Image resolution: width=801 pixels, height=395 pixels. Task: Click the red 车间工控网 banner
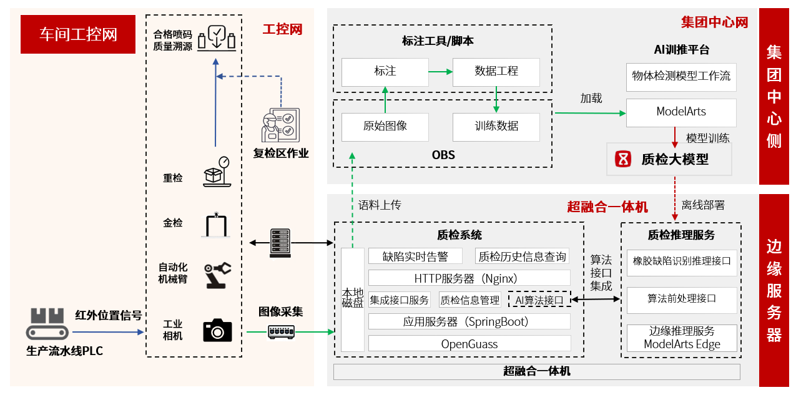(78, 34)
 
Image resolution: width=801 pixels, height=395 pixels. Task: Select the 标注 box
(385, 72)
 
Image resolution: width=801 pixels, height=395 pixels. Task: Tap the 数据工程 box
(496, 72)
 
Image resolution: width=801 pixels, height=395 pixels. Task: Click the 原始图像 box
(385, 127)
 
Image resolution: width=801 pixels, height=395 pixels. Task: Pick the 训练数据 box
(496, 127)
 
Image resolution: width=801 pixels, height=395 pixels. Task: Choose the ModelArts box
(681, 112)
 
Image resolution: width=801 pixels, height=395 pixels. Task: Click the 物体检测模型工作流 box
(681, 77)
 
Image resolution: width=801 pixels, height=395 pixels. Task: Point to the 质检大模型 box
(669, 159)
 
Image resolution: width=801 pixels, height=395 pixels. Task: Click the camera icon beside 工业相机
(217, 330)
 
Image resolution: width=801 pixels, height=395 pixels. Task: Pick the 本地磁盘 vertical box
(352, 299)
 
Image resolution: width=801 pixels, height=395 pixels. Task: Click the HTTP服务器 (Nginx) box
(469, 278)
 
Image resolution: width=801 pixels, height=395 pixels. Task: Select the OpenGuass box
(469, 343)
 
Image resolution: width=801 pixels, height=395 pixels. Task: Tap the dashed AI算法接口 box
(539, 300)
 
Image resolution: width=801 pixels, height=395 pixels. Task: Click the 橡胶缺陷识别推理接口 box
(681, 261)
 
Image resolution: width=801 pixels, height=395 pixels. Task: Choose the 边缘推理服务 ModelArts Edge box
(681, 338)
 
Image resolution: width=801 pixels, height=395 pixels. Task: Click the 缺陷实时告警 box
(415, 256)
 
